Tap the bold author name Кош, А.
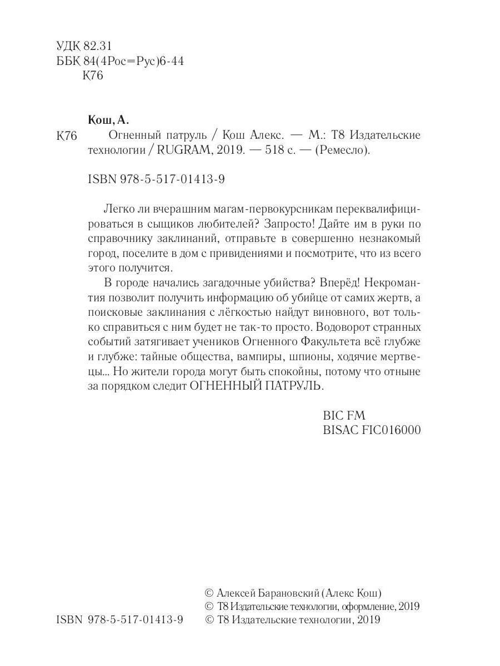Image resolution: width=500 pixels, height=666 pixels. [108, 120]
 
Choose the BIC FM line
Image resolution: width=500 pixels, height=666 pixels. [344, 415]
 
